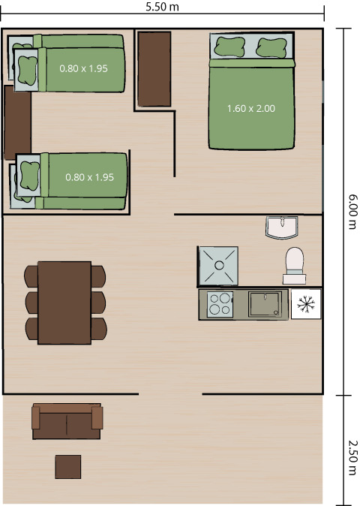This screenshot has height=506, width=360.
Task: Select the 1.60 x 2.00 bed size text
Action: [251, 108]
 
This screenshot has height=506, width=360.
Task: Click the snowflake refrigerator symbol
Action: [305, 304]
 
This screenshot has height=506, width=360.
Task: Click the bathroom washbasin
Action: [282, 226]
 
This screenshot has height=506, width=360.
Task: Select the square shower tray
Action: [217, 266]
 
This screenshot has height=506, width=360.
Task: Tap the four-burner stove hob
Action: [220, 305]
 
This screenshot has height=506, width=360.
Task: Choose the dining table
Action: [64, 302]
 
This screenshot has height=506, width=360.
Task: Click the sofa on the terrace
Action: [66, 421]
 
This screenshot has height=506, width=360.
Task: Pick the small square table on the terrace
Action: [68, 466]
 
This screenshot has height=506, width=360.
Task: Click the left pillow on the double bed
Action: [227, 47]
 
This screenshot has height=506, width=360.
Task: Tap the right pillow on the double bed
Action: [271, 47]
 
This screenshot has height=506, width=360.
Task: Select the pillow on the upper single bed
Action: [28, 70]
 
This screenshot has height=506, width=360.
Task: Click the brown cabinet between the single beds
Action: [16, 122]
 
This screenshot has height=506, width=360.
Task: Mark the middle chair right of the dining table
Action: [98, 302]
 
